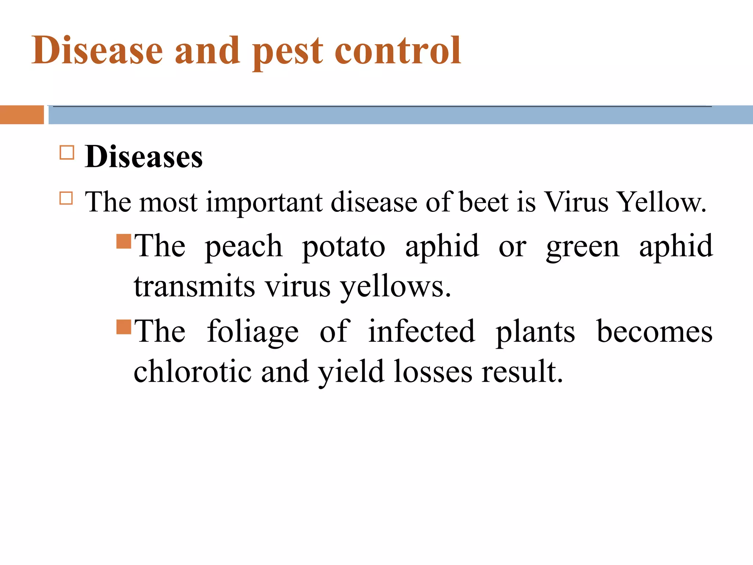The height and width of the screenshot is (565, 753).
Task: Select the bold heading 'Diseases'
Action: [143, 157]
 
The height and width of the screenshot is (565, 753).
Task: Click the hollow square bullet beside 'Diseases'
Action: [67, 152]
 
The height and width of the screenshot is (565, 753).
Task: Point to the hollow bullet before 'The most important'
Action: [66, 198]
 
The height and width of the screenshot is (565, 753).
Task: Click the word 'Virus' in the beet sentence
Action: [576, 202]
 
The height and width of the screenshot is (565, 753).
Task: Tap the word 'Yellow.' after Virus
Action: [661, 202]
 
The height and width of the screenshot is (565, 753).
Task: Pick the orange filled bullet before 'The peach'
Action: [124, 242]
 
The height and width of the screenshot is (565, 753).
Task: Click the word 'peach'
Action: [243, 246]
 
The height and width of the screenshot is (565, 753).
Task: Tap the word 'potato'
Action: [343, 246]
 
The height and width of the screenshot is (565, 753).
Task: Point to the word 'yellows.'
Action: [395, 287]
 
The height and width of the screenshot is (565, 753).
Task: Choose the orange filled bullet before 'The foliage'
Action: [124, 327]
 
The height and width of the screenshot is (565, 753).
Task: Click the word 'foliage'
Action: [253, 332]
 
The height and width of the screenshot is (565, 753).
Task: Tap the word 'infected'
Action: [421, 331]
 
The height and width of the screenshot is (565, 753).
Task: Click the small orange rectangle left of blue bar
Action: [22, 115]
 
